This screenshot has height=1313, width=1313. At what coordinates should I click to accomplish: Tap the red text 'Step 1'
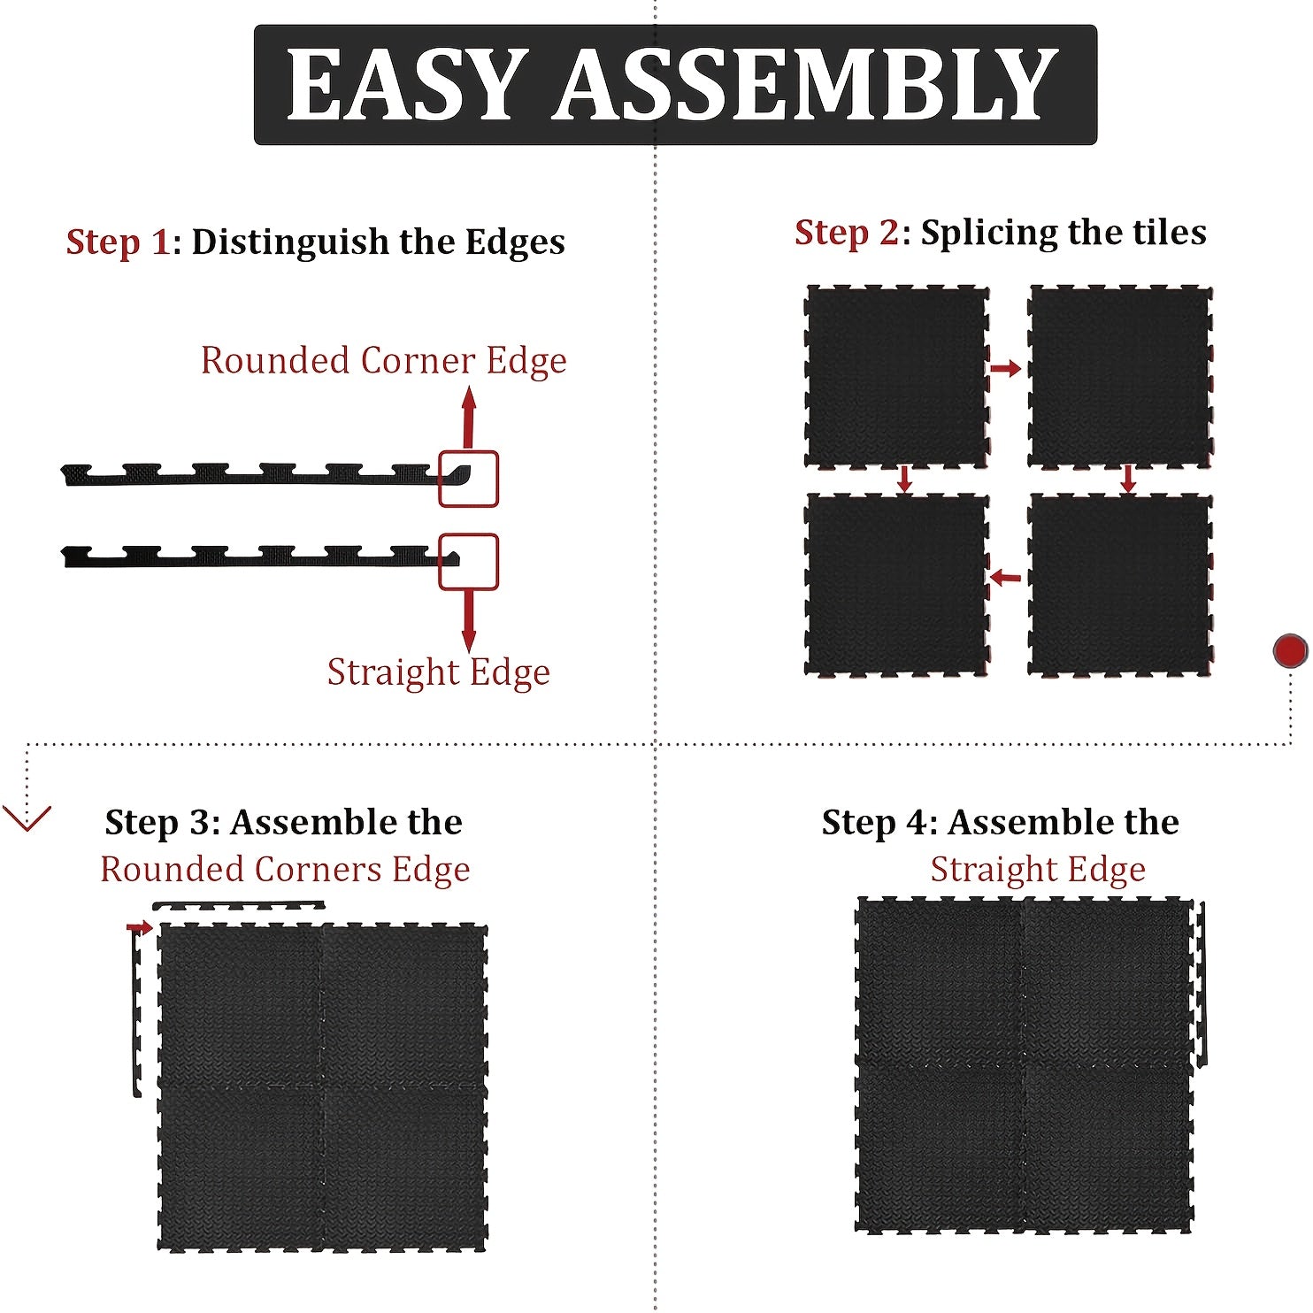[118, 242]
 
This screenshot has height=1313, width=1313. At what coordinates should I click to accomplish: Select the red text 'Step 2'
[847, 233]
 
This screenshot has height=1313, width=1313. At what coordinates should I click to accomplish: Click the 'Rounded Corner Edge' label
[384, 361]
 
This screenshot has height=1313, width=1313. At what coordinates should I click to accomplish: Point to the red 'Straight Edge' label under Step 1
[439, 672]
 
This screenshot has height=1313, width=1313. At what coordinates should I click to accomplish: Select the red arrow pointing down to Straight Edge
[469, 621]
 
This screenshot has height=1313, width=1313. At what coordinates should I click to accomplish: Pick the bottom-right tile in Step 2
[1120, 585]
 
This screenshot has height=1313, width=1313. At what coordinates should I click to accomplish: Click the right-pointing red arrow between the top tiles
[1005, 368]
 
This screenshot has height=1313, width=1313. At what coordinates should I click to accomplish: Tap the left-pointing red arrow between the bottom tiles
[1005, 578]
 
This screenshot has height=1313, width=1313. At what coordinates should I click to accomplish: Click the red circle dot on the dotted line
[1290, 651]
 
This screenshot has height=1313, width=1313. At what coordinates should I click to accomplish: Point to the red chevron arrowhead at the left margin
[27, 819]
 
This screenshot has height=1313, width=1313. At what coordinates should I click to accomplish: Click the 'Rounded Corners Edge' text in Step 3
[285, 870]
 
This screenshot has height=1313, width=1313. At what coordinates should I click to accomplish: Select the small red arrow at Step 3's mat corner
[139, 927]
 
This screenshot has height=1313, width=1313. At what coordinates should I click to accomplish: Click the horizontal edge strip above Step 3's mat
[239, 904]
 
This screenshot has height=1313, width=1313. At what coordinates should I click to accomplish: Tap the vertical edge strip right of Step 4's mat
[1202, 985]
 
